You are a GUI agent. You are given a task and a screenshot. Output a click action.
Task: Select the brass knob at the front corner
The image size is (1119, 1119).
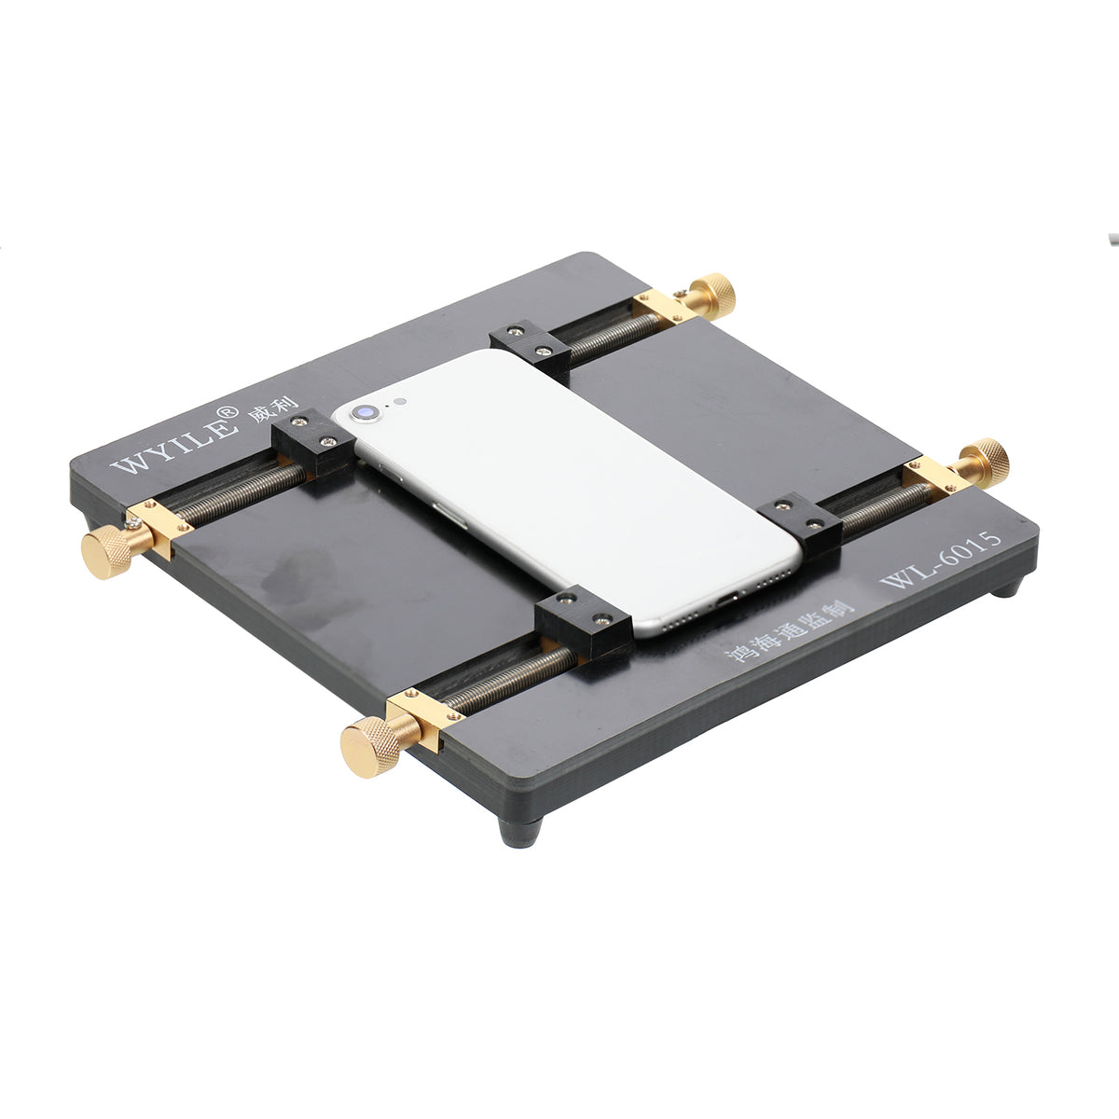click(367, 748)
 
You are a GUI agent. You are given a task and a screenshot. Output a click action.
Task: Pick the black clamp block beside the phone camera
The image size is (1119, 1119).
click(312, 446)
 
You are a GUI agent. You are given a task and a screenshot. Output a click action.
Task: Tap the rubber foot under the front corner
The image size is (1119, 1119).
click(519, 830)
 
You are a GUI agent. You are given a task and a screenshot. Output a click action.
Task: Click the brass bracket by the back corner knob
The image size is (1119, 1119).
click(663, 305)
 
